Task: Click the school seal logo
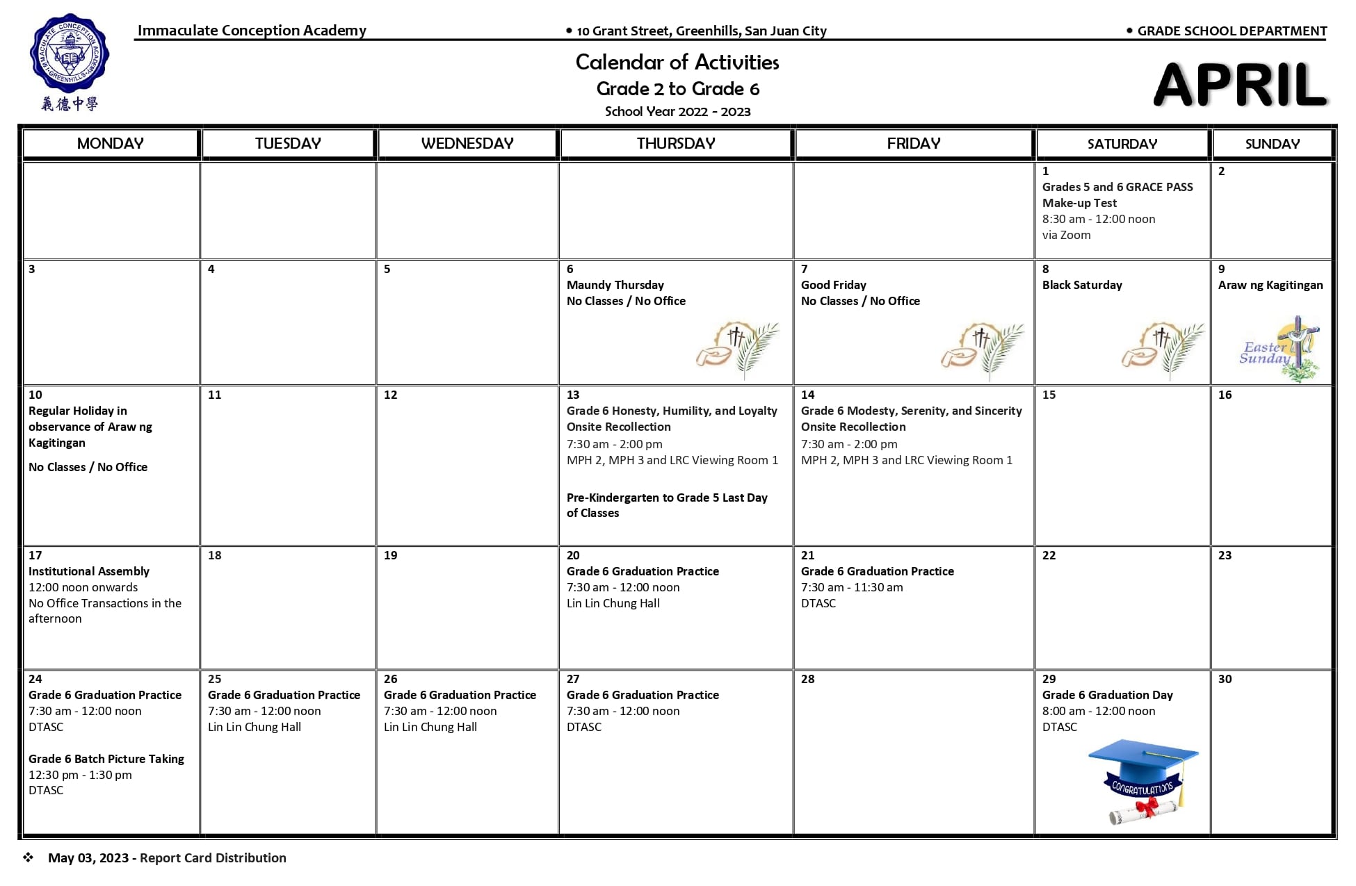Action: (x=69, y=54)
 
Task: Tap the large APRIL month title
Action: (x=1241, y=85)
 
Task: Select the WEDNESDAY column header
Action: (x=467, y=144)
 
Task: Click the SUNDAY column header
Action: (x=1272, y=144)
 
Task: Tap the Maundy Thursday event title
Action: (x=615, y=285)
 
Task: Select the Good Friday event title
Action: (x=833, y=285)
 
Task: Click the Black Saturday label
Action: (x=1081, y=285)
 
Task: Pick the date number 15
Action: (x=1049, y=395)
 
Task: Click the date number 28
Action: (x=807, y=679)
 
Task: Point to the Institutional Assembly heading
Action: (x=89, y=571)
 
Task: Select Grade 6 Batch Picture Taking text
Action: (x=106, y=759)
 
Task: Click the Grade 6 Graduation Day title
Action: (x=1107, y=695)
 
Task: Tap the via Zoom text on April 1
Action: (x=1066, y=235)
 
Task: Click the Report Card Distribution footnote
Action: (x=213, y=858)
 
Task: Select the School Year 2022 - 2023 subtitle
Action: (x=677, y=112)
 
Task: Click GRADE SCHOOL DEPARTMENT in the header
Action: (x=1232, y=31)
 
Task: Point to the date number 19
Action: (x=391, y=555)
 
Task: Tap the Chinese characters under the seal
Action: (x=69, y=104)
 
